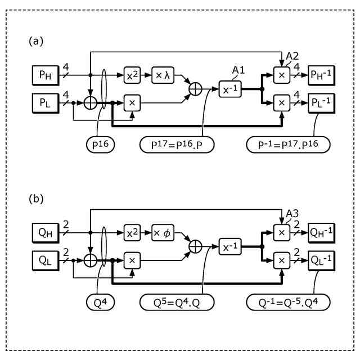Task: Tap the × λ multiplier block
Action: click(163, 74)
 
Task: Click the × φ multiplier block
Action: click(163, 232)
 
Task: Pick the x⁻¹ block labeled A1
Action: click(231, 89)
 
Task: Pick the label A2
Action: click(292, 56)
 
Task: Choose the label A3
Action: click(292, 214)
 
